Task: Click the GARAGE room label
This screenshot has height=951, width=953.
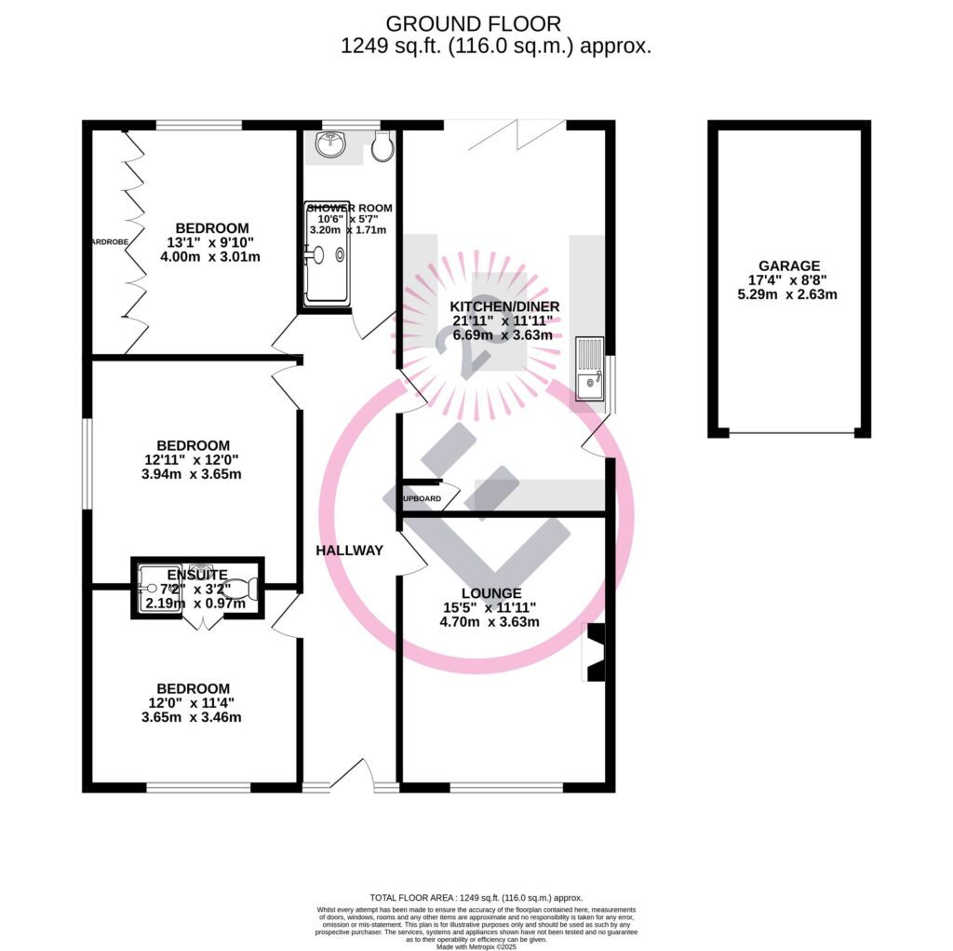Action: coord(788,265)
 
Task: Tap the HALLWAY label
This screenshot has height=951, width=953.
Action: coord(349,550)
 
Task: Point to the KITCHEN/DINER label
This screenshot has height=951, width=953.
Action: coord(504,306)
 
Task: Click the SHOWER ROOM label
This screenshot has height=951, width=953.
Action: coord(349,208)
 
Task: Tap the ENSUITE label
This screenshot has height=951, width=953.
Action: coord(196,575)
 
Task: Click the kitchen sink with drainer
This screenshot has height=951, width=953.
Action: coord(589,369)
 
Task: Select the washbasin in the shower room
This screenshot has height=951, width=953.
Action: coord(329,144)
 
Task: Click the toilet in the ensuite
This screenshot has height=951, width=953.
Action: coord(239,589)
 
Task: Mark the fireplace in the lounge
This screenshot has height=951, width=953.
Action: coord(594,652)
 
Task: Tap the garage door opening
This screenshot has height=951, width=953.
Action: coord(790,433)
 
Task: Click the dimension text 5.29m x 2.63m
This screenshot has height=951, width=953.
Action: coord(788,295)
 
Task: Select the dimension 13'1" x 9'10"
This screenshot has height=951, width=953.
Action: coord(212,242)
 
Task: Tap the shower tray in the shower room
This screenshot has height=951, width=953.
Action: coord(328,254)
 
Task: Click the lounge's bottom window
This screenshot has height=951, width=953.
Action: coord(506,787)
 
